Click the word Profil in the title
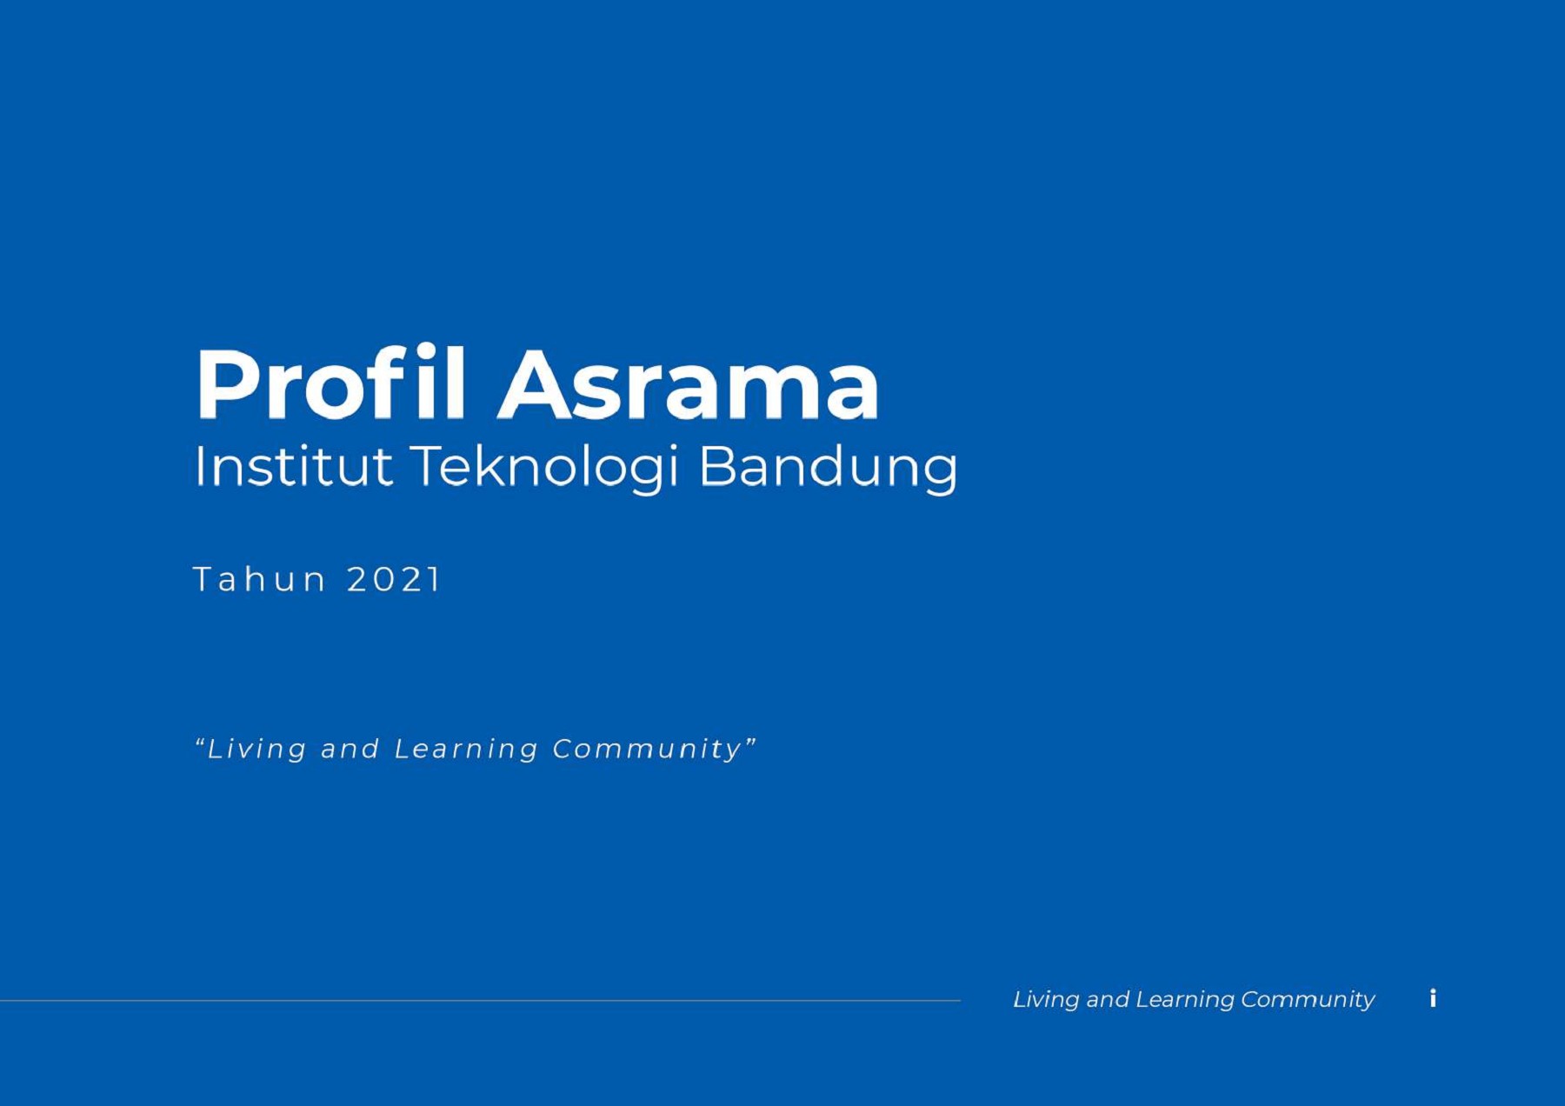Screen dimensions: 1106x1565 click(330, 384)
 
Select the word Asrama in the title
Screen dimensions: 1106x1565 click(689, 384)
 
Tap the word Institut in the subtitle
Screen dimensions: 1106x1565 click(293, 466)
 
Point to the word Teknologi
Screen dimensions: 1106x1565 click(544, 466)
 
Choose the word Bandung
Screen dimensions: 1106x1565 click(828, 466)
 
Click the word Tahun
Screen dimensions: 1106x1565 click(259, 579)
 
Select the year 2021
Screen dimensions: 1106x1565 click(394, 579)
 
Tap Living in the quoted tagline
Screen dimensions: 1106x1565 click(256, 749)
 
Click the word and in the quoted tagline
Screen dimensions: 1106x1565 click(350, 749)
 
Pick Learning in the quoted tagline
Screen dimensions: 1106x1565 click(466, 749)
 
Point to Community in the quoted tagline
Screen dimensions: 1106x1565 click(647, 749)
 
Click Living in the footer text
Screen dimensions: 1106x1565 click(1045, 1000)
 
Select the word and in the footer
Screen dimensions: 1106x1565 click(1108, 1000)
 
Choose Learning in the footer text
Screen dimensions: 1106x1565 click(1184, 1000)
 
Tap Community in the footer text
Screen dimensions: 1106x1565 click(1308, 1000)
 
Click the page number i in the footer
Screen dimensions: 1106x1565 click(1433, 998)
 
